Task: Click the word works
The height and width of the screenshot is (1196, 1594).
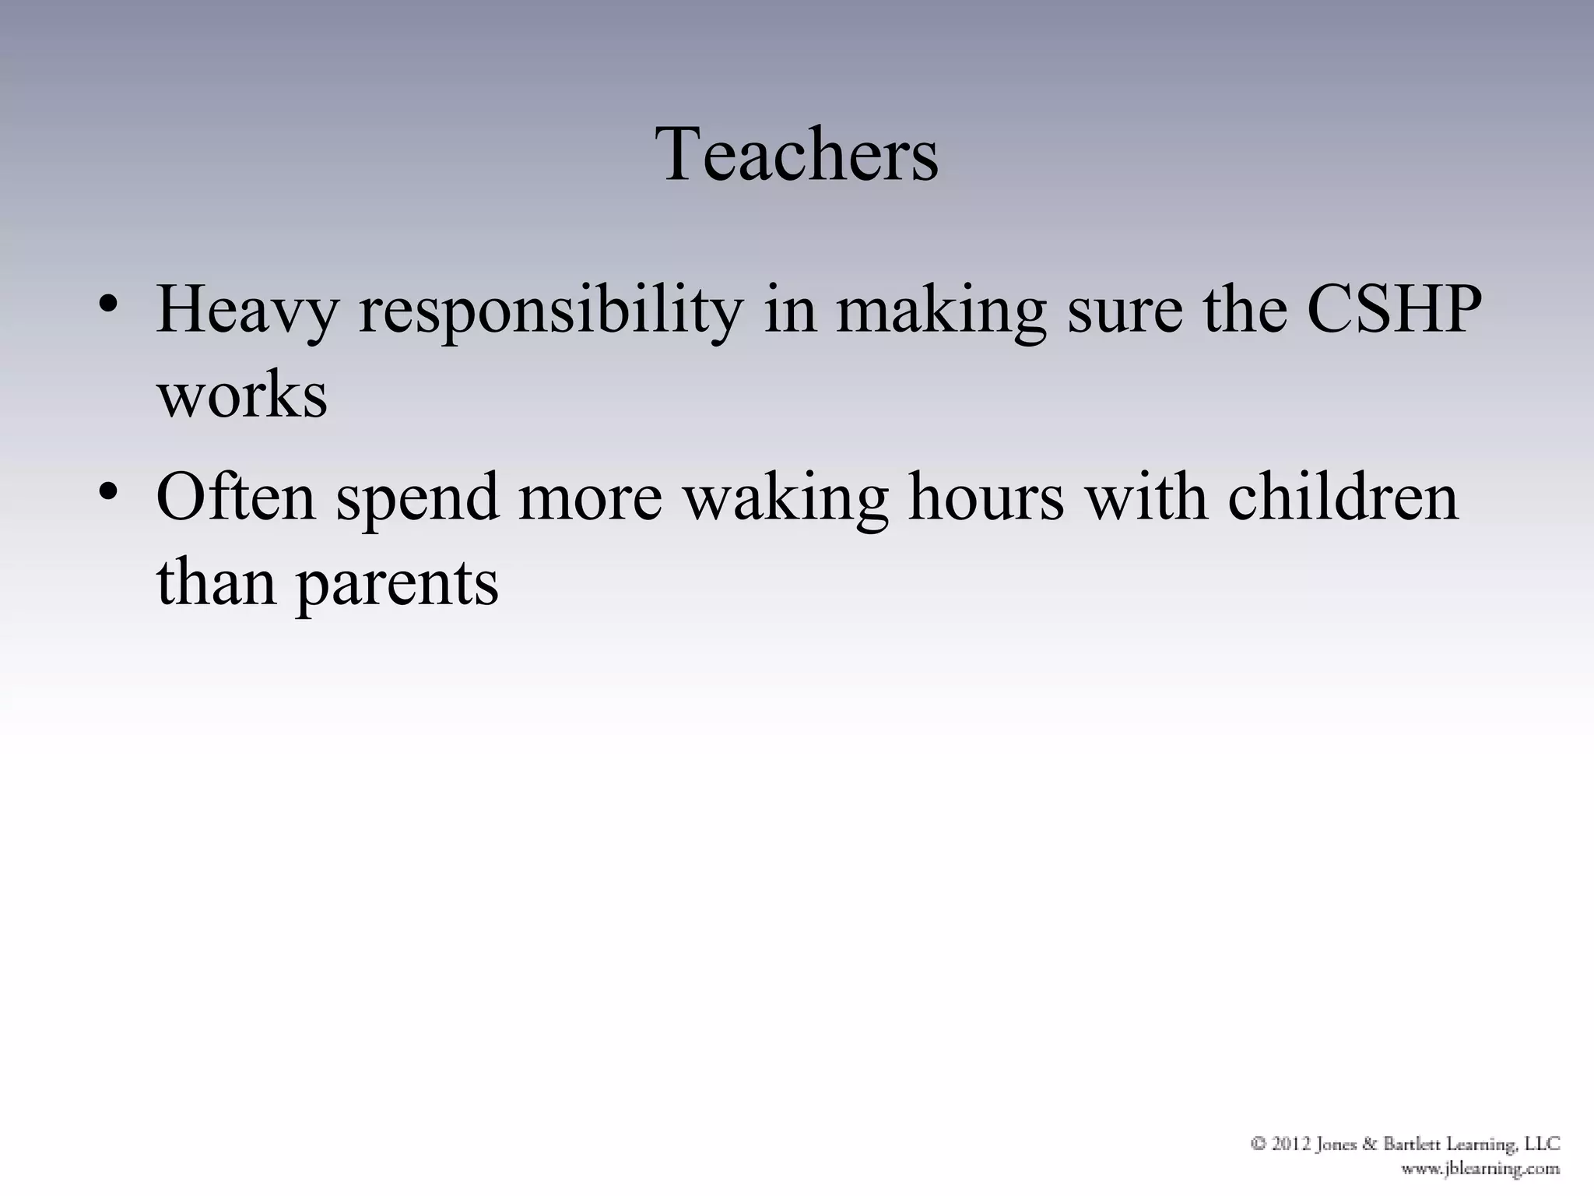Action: [242, 396]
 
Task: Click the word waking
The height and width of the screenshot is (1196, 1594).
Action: [786, 498]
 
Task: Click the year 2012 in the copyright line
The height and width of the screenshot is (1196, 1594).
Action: [1294, 1145]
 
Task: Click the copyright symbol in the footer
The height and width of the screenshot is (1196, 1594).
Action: [1258, 1145]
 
